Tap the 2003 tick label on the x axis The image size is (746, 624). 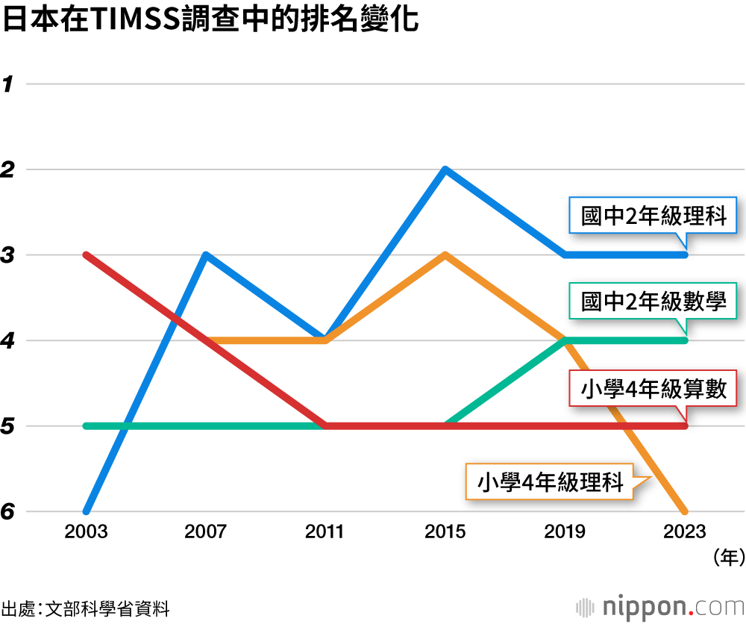86,531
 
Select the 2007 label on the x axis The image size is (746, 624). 206,531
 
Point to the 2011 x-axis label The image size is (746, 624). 325,531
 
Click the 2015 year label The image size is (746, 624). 445,531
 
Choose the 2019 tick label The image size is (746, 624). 565,531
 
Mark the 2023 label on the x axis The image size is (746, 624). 685,531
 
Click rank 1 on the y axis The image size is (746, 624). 9,84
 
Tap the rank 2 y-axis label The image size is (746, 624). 9,170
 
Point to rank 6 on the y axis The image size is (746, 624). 9,513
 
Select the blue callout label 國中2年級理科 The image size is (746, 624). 653,216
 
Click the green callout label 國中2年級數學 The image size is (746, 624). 653,303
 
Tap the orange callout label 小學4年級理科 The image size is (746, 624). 550,481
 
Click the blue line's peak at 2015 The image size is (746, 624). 445,170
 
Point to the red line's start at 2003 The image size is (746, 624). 87,255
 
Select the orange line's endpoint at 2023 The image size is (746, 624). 685,511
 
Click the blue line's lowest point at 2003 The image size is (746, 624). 87,511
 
